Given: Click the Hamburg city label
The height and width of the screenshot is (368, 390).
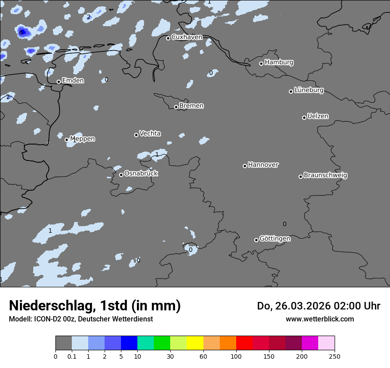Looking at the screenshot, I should click(279, 63).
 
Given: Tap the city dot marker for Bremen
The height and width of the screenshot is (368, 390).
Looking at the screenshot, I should click(176, 107).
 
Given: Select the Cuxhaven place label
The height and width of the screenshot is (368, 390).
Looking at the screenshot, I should click(187, 37).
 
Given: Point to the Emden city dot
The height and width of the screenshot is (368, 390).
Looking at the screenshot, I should click(58, 82).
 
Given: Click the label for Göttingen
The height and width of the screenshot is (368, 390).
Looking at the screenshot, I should click(275, 239).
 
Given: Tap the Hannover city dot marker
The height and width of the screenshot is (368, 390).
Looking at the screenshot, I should click(245, 166).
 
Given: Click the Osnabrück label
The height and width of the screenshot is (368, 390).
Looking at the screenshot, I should click(141, 173).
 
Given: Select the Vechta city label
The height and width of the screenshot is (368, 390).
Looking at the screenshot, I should click(150, 133).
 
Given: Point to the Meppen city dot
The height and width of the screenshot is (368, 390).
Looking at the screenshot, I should click(66, 140).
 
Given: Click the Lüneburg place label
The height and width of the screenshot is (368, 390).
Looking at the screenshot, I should click(309, 90).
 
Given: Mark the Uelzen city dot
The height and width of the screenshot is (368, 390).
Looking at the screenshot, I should click(304, 117).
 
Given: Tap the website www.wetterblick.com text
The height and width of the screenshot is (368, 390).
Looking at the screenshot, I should click(320, 319).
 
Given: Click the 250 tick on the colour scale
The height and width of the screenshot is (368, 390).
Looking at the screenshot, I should click(335, 356).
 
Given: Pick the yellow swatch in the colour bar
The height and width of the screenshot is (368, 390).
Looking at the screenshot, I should click(195, 343).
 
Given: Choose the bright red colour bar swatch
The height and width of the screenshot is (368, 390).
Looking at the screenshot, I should click(244, 343).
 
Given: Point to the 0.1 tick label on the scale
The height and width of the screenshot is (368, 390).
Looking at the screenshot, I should click(72, 356).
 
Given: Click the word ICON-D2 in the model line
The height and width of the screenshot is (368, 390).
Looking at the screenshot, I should click(42, 319).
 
